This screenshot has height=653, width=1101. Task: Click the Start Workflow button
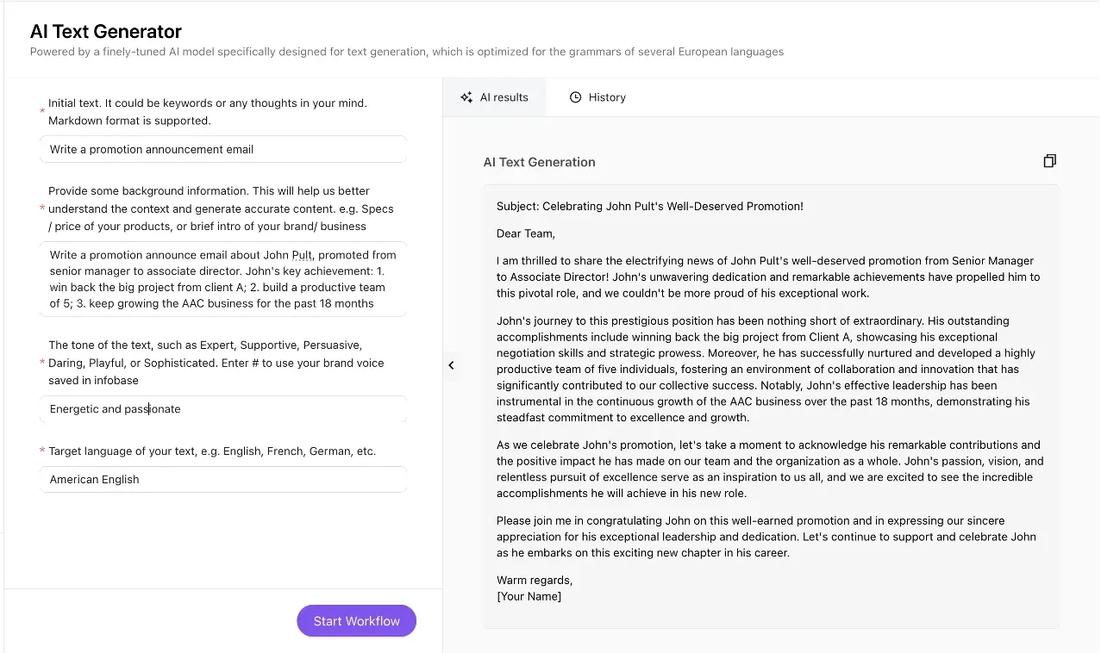click(356, 621)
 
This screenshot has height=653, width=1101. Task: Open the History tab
click(597, 97)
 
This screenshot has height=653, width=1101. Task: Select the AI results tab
click(494, 97)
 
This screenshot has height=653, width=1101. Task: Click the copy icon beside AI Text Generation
click(1049, 161)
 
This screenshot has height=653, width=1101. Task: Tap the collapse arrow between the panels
click(451, 365)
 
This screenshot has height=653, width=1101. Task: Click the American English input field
click(222, 480)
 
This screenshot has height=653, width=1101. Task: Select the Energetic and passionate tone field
click(222, 409)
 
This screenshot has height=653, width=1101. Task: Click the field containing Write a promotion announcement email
click(222, 149)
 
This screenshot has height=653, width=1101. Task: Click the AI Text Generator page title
click(106, 32)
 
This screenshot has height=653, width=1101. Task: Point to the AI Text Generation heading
click(539, 162)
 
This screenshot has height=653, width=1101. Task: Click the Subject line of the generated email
click(649, 207)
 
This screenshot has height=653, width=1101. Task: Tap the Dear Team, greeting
click(526, 233)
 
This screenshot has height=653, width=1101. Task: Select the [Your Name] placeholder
click(529, 596)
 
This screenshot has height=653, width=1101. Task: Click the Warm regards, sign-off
click(535, 580)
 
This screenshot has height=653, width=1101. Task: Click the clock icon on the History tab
click(576, 97)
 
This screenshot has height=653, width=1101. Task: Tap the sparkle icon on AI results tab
click(466, 97)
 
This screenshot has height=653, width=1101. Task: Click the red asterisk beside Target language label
click(42, 451)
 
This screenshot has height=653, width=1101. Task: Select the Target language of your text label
click(212, 451)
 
